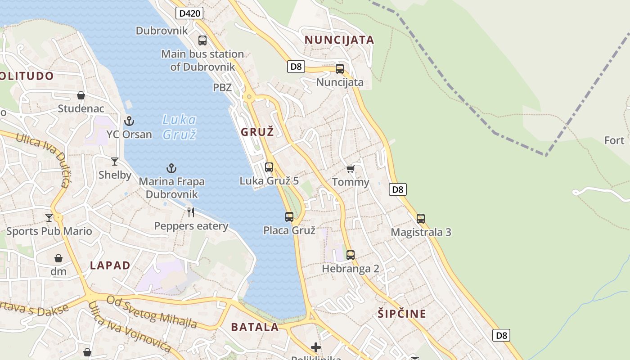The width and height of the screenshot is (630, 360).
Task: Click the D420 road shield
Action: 189,13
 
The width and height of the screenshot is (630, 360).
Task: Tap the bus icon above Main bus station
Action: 202,40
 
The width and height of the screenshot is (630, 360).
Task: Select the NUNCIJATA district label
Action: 339,40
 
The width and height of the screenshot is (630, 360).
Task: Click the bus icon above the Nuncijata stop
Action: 340,69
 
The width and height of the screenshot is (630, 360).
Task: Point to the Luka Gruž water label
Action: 179,127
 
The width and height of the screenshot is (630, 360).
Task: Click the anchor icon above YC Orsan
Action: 129,121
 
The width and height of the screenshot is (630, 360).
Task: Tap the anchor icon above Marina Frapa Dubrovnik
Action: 171,169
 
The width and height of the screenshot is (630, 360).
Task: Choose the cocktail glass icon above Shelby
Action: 115,162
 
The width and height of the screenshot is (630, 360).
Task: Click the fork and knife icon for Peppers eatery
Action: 191,212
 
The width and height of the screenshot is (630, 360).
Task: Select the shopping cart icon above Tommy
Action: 350,169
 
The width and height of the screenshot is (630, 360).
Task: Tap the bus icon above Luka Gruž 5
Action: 269,167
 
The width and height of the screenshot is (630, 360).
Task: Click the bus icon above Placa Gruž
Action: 289,217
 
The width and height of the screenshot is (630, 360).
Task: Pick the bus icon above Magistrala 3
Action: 421,219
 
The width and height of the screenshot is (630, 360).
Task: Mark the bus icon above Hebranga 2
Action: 351,255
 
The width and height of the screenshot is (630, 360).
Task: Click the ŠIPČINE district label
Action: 402,314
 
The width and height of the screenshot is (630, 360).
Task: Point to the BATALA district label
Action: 255,327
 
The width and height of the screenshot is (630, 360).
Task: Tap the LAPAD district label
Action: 110,265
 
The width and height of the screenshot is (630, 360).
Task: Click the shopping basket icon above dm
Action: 58,258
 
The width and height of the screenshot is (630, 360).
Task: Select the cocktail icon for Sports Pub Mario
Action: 49,218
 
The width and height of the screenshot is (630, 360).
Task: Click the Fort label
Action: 614,140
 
